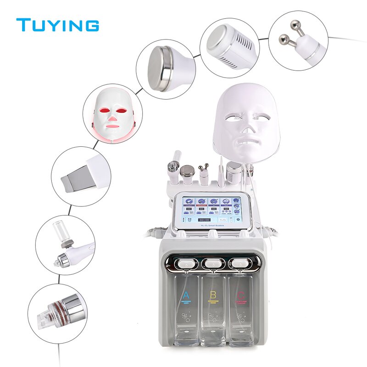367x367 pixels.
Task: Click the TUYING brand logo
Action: (57, 25)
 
